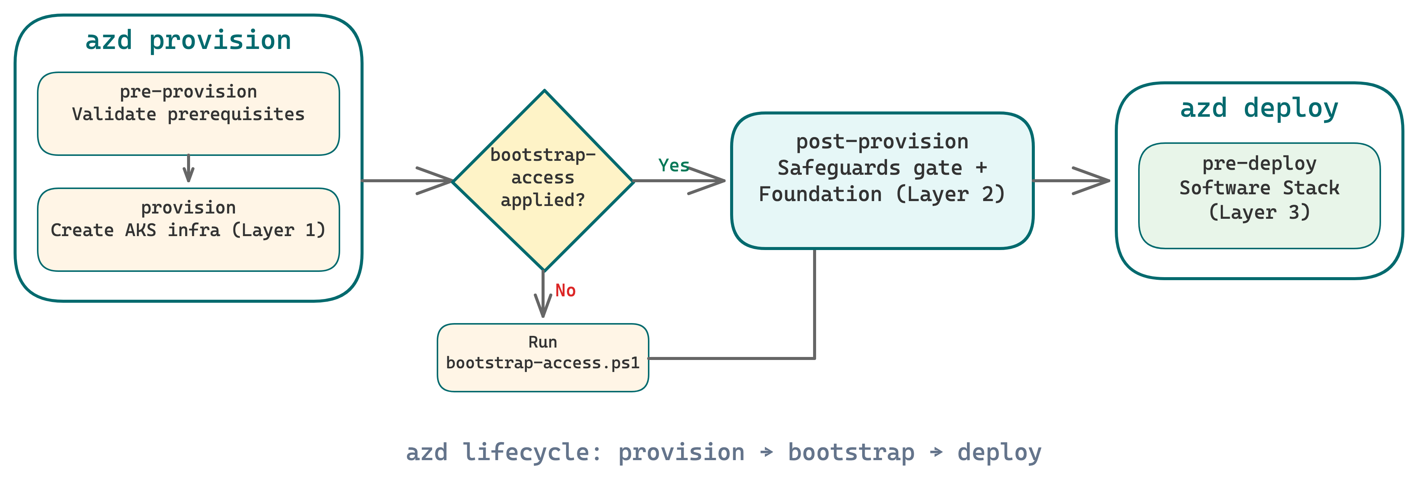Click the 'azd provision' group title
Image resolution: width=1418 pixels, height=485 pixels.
click(x=188, y=41)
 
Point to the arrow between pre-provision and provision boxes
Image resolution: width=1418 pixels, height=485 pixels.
click(x=188, y=169)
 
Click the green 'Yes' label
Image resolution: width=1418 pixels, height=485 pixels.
click(x=673, y=165)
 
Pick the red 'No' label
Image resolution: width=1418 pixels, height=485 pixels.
click(x=565, y=290)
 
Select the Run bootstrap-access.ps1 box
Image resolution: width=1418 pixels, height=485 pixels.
click(x=543, y=357)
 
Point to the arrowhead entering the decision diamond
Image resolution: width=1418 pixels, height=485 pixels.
click(x=440, y=180)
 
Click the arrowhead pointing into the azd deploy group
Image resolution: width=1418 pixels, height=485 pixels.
click(x=1096, y=180)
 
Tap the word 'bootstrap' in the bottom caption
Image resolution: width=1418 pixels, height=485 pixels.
click(x=851, y=452)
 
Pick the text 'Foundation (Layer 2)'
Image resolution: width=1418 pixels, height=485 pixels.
click(x=882, y=194)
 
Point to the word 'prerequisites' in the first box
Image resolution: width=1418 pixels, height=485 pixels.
click(x=236, y=114)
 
